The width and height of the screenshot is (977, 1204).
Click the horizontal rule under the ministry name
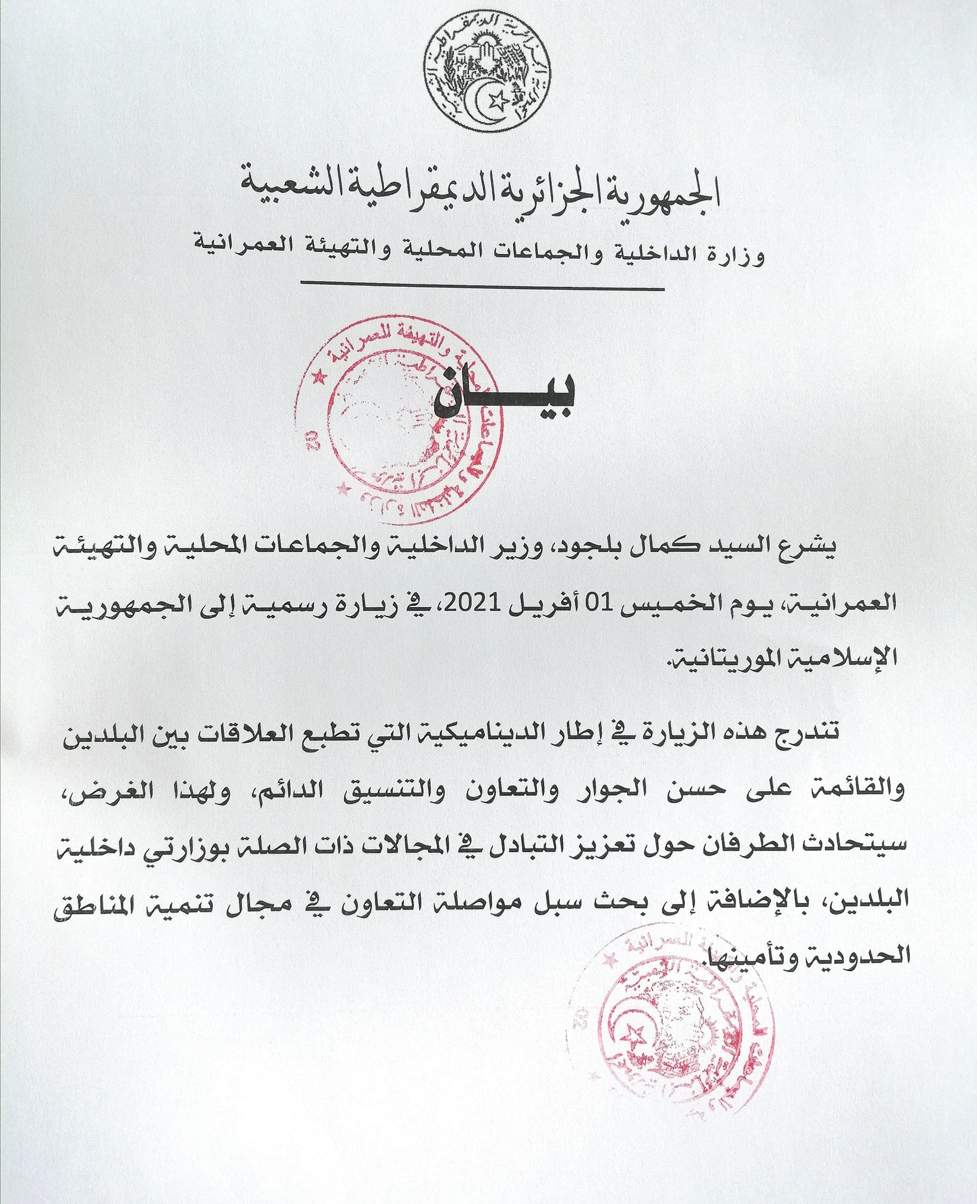click(x=482, y=289)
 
